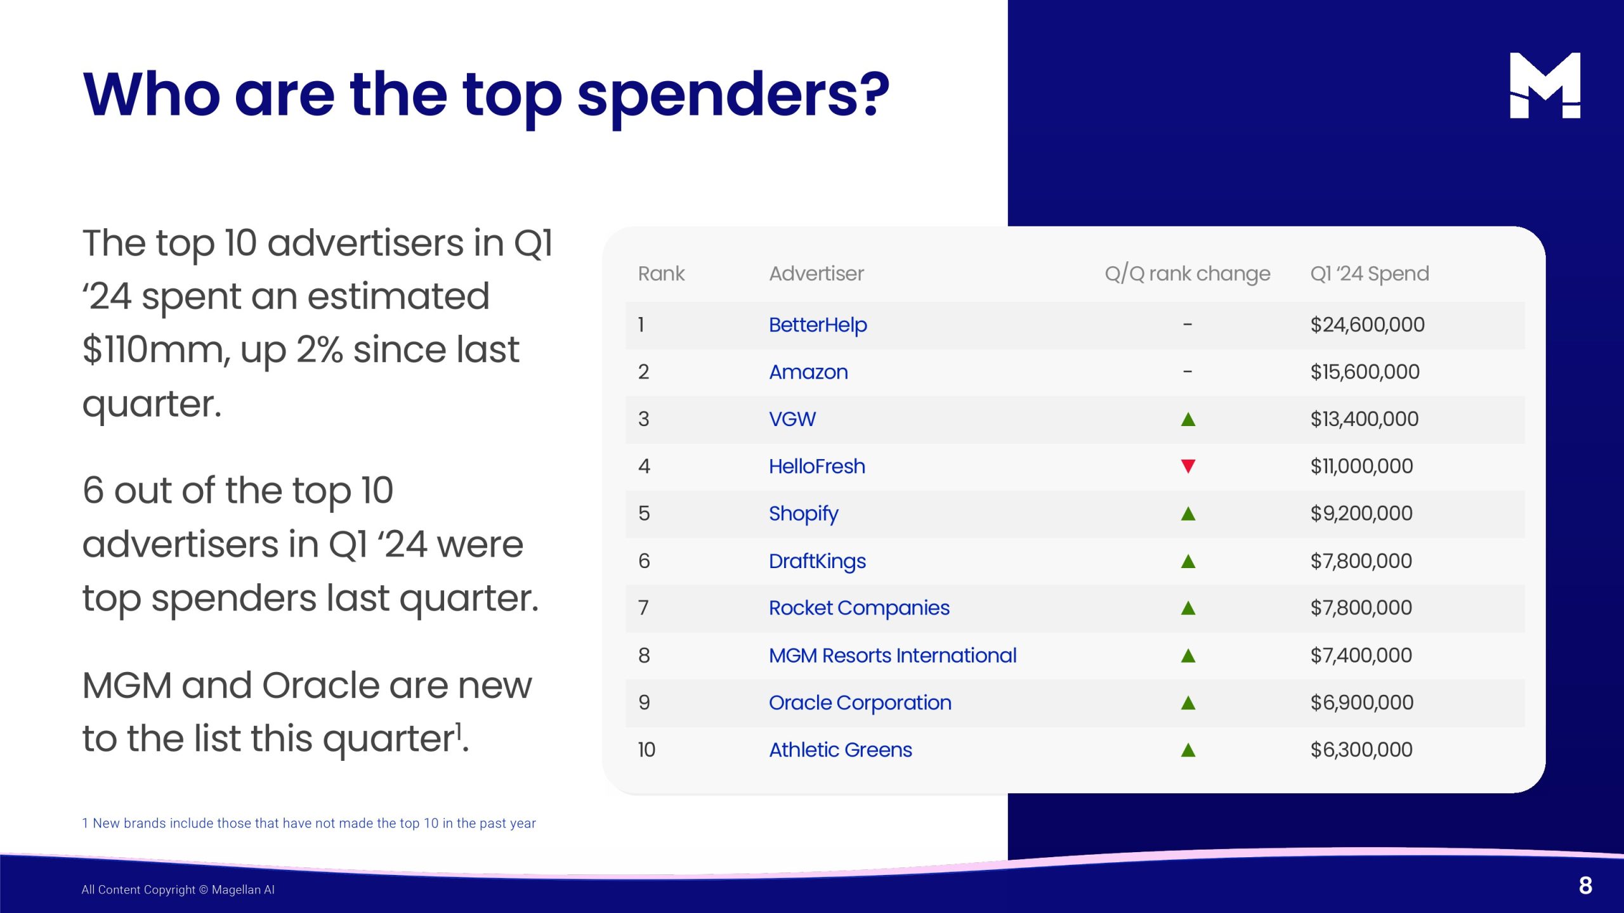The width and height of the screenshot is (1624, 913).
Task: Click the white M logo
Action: pos(1545,86)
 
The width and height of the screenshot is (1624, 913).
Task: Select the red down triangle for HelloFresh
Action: pos(1188,466)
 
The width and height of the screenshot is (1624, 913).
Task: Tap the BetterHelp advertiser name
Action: pos(818,325)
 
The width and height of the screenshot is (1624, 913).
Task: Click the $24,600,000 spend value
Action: pos(1367,325)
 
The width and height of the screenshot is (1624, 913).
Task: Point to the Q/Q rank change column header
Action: pos(1188,274)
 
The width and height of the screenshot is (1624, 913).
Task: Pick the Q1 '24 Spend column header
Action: pos(1370,273)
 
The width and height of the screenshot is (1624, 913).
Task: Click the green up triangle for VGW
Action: pos(1188,419)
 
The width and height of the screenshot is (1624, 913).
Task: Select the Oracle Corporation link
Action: pos(860,703)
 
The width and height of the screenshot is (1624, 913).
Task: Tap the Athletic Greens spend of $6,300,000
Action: pos(1361,749)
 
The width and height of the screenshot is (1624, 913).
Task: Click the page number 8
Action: pos(1585,886)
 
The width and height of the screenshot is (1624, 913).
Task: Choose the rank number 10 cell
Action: pos(646,749)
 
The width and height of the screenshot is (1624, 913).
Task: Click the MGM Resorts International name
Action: pos(893,655)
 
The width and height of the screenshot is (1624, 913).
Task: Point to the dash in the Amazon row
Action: pos(1188,372)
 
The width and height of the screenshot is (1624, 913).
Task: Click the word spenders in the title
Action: pos(733,95)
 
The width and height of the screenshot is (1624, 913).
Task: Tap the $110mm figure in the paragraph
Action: pos(157,349)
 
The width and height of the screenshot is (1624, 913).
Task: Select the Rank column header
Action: pos(661,273)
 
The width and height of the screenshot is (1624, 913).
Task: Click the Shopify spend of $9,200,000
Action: pos(1361,513)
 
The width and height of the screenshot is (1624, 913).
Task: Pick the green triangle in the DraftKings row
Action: pos(1188,561)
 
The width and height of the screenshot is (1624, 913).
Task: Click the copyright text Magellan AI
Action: pos(243,890)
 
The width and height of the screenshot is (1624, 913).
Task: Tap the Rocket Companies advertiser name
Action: pos(859,608)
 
